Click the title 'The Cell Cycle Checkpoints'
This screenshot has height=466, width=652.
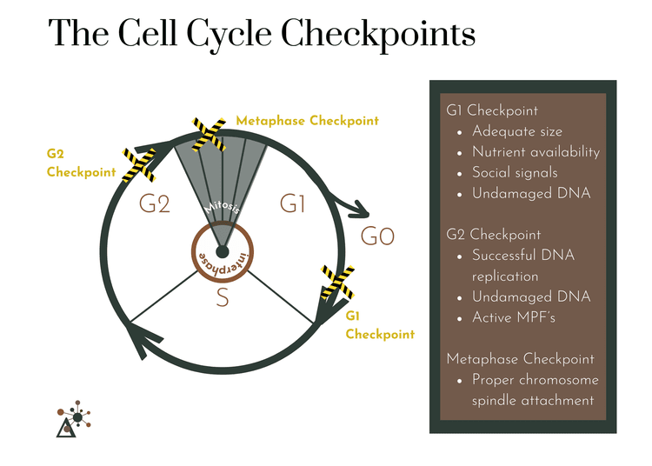[x=262, y=34]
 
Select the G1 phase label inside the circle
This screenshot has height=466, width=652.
[x=293, y=204]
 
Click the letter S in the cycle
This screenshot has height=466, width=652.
[x=223, y=298]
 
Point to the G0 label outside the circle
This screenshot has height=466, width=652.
[x=377, y=236]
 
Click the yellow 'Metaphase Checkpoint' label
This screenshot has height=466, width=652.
[x=307, y=121]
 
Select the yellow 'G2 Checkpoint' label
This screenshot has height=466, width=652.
[x=81, y=163]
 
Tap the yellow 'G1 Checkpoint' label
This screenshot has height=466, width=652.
[x=380, y=325]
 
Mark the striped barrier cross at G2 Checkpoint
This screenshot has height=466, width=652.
[x=139, y=164]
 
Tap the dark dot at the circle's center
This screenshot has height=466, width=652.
[x=223, y=252]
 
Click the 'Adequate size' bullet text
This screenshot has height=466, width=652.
[x=517, y=131]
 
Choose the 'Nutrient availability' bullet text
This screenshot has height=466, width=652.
[x=536, y=152]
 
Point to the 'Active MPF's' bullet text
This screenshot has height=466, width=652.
[x=513, y=317]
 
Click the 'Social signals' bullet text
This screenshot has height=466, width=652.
[x=515, y=173]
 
